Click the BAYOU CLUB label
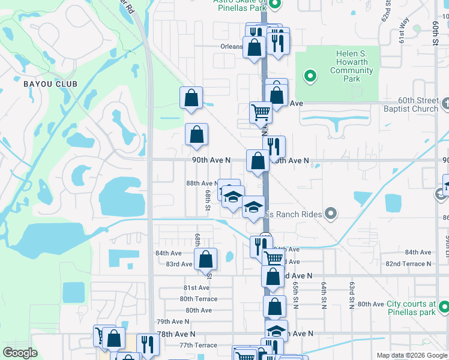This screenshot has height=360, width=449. [50, 83]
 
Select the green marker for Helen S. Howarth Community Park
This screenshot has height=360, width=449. [310, 76]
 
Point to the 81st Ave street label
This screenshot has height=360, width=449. [197, 288]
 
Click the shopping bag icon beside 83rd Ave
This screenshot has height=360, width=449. [205, 259]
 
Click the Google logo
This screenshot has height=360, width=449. [20, 353]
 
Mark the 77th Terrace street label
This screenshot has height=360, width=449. [197, 346]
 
